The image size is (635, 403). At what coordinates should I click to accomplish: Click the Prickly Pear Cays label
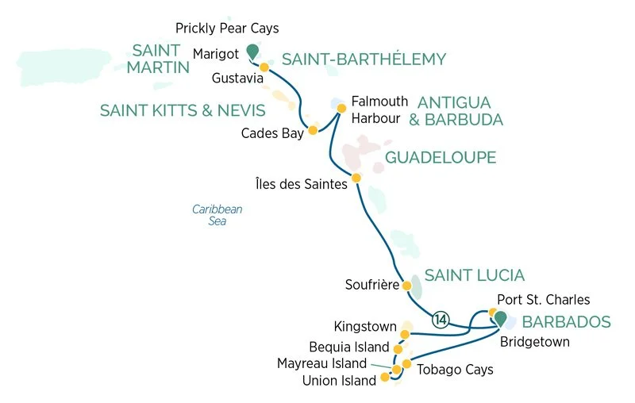[227, 29]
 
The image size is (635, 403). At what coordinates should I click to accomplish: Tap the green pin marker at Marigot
[252, 51]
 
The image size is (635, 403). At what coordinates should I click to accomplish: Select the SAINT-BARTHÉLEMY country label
[364, 59]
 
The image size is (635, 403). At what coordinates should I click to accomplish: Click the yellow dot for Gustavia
[264, 67]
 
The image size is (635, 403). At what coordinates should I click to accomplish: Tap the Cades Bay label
[272, 133]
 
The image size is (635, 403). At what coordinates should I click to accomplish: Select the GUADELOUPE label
[441, 158]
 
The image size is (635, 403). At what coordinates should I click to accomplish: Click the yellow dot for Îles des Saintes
[356, 177]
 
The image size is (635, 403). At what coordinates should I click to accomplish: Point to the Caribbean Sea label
[217, 215]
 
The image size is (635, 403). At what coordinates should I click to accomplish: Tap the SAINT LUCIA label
[474, 275]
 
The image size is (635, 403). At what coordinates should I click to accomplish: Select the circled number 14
[441, 320]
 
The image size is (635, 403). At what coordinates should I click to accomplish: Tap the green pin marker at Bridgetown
[501, 317]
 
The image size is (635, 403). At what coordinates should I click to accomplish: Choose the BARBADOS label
[565, 322]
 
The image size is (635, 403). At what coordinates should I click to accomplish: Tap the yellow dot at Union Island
[386, 377]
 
